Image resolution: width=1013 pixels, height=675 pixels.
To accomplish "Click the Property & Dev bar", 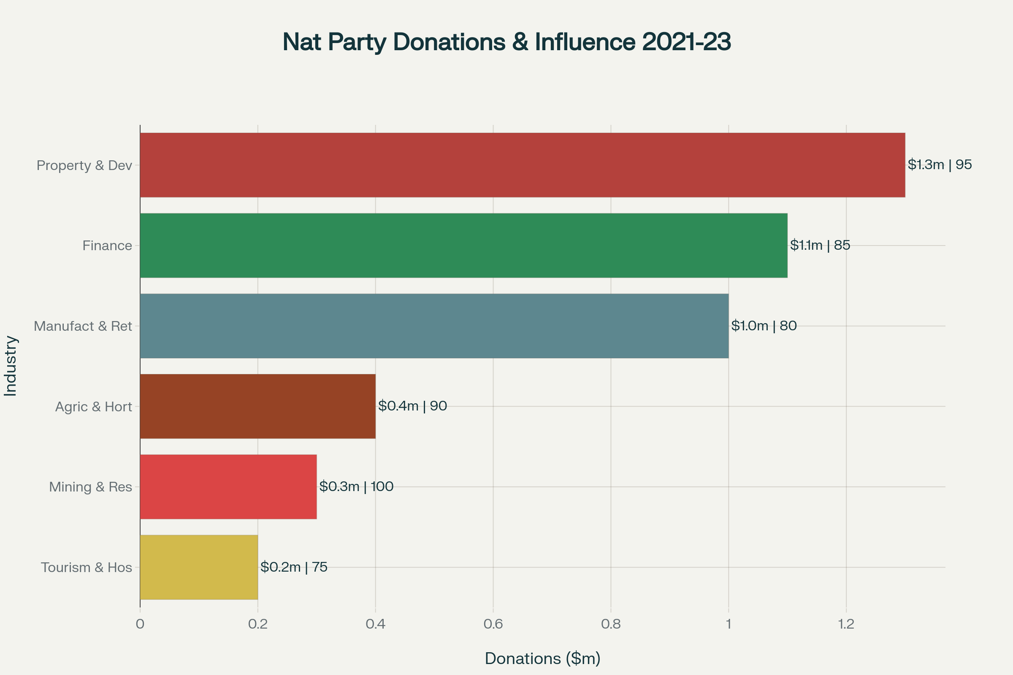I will click(x=522, y=165).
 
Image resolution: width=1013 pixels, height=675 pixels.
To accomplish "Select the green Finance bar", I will click(x=463, y=246).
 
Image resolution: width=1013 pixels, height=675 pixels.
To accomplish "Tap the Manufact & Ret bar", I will click(x=434, y=326).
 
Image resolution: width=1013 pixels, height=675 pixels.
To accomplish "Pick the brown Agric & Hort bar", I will click(x=257, y=406).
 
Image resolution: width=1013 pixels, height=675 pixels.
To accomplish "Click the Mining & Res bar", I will click(x=228, y=487).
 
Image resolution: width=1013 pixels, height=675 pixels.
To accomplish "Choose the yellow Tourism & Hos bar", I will click(x=199, y=567).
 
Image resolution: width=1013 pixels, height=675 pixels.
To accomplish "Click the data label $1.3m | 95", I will click(x=940, y=165).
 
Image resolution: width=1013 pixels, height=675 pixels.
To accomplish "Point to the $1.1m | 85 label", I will click(x=820, y=245).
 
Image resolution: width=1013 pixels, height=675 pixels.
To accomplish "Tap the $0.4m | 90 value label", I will click(x=413, y=405).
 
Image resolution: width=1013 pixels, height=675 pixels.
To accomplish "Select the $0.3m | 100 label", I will click(x=356, y=486).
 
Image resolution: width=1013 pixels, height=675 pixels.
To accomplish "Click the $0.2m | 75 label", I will click(x=294, y=567).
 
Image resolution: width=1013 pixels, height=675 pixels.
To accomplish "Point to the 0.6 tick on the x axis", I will click(x=493, y=624).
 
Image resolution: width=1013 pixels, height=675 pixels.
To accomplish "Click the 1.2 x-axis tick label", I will click(x=846, y=624).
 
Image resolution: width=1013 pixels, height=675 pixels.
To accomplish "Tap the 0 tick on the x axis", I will click(x=140, y=624).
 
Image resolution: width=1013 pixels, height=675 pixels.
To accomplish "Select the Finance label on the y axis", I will click(x=107, y=246).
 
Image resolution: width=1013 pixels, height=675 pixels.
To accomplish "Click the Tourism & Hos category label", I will click(x=87, y=567).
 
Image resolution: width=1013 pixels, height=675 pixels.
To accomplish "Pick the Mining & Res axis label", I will click(x=90, y=487).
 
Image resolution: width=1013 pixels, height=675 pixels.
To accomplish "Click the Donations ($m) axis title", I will click(x=543, y=659).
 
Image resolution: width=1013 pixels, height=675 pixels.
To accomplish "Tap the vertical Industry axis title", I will click(x=10, y=366).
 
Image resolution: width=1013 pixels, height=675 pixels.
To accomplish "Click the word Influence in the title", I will click(x=585, y=42).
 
